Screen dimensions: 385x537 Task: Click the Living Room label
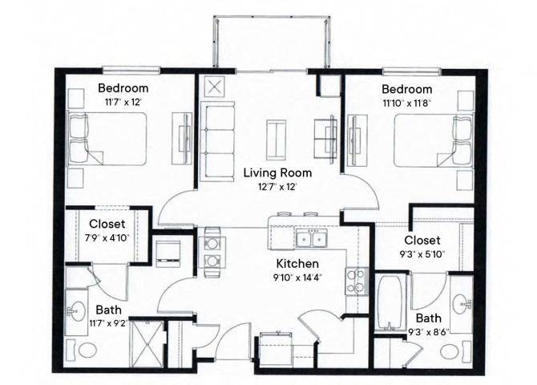[x=277, y=173]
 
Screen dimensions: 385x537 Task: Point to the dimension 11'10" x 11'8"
[x=406, y=103]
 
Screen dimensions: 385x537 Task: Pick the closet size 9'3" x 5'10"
[x=422, y=254]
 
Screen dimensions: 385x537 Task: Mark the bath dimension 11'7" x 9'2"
[x=109, y=324]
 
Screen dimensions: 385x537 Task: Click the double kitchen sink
[x=310, y=239]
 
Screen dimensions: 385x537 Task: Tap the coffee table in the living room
[x=277, y=139]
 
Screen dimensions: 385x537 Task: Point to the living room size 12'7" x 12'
[x=277, y=187]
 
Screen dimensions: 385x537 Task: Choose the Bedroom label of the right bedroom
[x=406, y=89]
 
